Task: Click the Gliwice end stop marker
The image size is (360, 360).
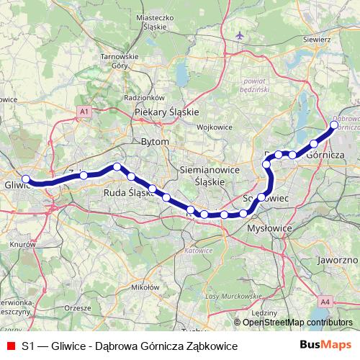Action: pyautogui.click(x=26, y=179)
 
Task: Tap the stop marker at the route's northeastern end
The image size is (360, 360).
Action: pyautogui.click(x=334, y=125)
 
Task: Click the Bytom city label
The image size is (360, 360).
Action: pyautogui.click(x=156, y=142)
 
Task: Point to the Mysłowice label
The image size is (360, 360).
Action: pyautogui.click(x=268, y=228)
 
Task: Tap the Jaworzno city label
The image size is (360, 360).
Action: pyautogui.click(x=337, y=259)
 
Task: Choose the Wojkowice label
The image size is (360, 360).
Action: pyautogui.click(x=212, y=127)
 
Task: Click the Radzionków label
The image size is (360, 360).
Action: pyautogui.click(x=145, y=97)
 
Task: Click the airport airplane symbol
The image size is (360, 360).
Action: pyautogui.click(x=239, y=35)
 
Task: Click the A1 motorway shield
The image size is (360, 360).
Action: pyautogui.click(x=84, y=112)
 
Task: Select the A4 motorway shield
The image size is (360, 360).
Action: pyautogui.click(x=325, y=302)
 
